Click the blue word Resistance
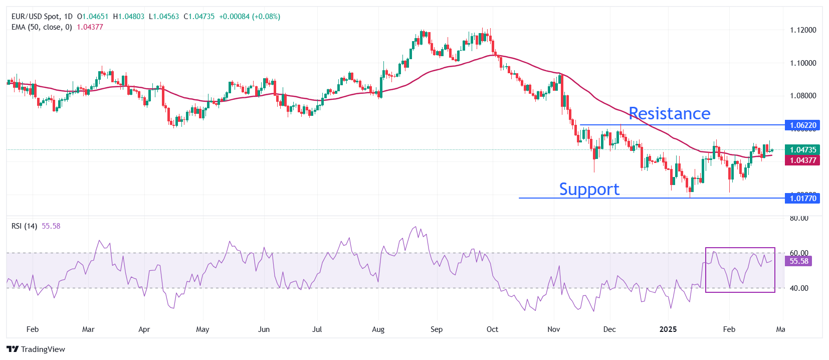[x=669, y=114]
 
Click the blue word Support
[x=589, y=190]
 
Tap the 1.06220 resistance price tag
[x=802, y=125]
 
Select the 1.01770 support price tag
[x=802, y=199]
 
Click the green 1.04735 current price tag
[x=802, y=150]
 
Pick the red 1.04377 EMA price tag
[x=802, y=160]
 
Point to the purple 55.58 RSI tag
[x=798, y=261]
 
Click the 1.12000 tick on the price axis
[x=803, y=30]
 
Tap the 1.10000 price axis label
[x=803, y=63]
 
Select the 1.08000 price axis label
[x=803, y=96]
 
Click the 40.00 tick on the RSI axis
[x=799, y=288]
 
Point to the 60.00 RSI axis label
[x=799, y=253]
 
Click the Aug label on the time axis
[x=378, y=329]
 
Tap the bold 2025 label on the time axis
[x=668, y=329]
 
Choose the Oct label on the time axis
[x=492, y=329]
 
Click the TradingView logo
[x=36, y=349]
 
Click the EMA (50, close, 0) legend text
[x=42, y=27]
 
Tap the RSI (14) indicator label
[x=24, y=226]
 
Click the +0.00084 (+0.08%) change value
[x=250, y=17]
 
